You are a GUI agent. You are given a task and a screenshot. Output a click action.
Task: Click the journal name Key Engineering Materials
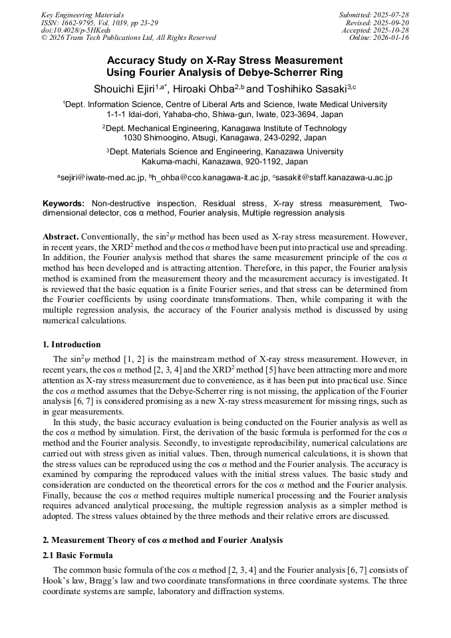[82, 15]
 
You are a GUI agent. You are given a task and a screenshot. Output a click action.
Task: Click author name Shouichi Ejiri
[124, 88]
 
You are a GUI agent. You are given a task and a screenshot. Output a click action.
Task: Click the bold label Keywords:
[64, 203]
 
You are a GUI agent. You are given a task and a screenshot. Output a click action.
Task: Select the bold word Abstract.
[61, 237]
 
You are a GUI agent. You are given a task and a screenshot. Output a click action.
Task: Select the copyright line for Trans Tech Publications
[128, 38]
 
